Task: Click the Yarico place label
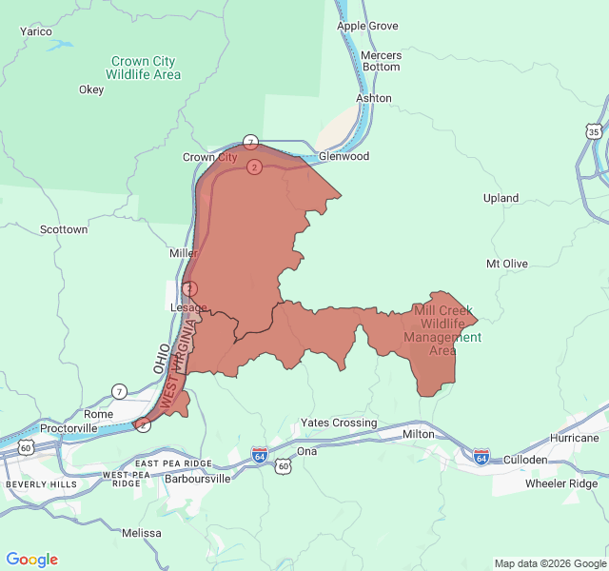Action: click(x=36, y=31)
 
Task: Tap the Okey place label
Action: click(x=91, y=89)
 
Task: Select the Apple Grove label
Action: click(x=367, y=26)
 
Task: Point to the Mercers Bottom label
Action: click(x=382, y=61)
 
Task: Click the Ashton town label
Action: click(x=374, y=98)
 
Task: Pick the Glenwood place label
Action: click(x=344, y=156)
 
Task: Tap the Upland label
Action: click(x=501, y=198)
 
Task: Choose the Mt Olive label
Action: click(x=507, y=263)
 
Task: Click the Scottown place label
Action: click(x=64, y=229)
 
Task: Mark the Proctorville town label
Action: click(x=69, y=428)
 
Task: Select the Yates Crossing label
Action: click(x=339, y=423)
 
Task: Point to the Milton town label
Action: click(x=419, y=434)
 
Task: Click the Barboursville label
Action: click(x=198, y=479)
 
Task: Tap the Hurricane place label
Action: click(x=575, y=438)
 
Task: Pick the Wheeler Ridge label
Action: click(x=561, y=483)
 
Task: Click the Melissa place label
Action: click(x=142, y=533)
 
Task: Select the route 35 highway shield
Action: click(x=594, y=130)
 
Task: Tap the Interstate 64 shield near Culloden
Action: click(x=481, y=457)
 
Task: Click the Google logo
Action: click(x=32, y=560)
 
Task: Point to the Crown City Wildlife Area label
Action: click(x=143, y=68)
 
